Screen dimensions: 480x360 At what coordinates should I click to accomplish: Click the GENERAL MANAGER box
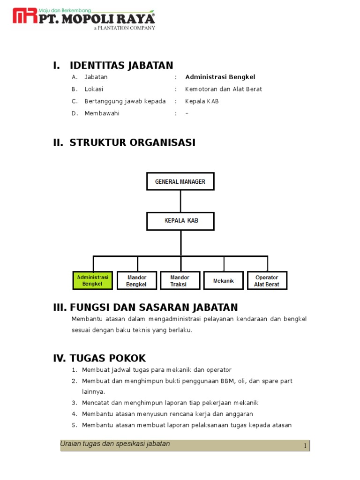point(180,181)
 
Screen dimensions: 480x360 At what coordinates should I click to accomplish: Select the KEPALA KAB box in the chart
point(180,221)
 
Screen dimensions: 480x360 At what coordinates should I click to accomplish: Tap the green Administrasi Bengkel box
point(92,280)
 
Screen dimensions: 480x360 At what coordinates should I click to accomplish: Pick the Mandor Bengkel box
point(136,280)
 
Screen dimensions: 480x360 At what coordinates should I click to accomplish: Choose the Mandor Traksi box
point(180,280)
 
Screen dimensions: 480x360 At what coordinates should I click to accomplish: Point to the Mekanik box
point(224,280)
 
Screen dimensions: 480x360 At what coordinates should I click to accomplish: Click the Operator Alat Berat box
point(267,280)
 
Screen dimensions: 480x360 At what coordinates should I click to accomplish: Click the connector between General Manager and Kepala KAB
point(180,201)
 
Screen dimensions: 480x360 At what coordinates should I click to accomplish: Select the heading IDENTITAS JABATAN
point(121,65)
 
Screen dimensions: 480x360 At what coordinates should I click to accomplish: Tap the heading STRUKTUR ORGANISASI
point(133,142)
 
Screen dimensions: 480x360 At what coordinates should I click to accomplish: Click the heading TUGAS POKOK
point(107,359)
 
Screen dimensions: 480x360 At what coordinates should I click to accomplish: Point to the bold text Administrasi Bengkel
point(220,77)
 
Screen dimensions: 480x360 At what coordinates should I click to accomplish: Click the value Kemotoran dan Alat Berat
point(223,89)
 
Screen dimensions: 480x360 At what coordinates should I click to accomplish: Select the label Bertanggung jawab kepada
point(125,101)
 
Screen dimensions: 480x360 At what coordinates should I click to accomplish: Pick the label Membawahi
point(102,113)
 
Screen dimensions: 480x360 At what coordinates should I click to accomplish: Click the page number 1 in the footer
point(305,446)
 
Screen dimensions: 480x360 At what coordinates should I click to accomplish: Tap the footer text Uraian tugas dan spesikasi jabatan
point(115,444)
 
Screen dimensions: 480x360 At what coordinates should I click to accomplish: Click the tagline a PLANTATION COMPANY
point(124,28)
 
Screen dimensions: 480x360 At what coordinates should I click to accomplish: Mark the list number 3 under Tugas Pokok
point(74,403)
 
